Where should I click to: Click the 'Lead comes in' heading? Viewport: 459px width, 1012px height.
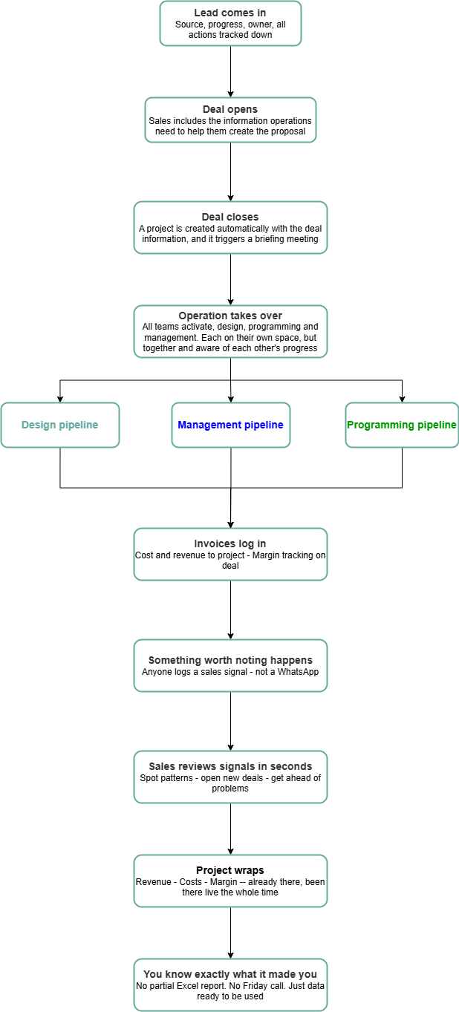(230, 13)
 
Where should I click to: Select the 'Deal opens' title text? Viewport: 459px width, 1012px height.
(230, 109)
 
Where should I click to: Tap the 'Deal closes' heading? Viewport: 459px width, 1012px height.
(230, 217)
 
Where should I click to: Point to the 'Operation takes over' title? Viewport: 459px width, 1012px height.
(230, 316)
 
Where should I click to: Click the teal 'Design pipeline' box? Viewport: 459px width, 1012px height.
(60, 425)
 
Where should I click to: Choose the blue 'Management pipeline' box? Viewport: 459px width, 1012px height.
(230, 425)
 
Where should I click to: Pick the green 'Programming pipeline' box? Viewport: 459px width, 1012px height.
(402, 425)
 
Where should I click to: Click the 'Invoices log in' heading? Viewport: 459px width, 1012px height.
(230, 543)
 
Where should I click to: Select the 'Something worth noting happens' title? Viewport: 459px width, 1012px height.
(230, 660)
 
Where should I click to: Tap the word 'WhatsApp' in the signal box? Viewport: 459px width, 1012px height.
(298, 672)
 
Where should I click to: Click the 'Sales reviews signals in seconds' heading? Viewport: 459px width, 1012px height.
(230, 766)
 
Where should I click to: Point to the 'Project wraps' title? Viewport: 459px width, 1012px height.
(230, 870)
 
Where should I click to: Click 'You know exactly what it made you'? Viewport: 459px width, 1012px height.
(230, 974)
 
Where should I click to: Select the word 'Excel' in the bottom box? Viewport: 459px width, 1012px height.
(199, 985)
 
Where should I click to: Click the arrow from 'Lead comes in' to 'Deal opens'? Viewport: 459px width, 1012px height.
(230, 71)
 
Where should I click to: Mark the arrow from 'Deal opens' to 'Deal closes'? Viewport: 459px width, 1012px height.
(230, 172)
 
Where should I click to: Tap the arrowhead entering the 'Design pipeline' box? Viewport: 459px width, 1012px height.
(60, 399)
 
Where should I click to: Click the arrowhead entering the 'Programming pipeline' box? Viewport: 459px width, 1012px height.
(402, 399)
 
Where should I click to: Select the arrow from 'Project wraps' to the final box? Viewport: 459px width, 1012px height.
(230, 933)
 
